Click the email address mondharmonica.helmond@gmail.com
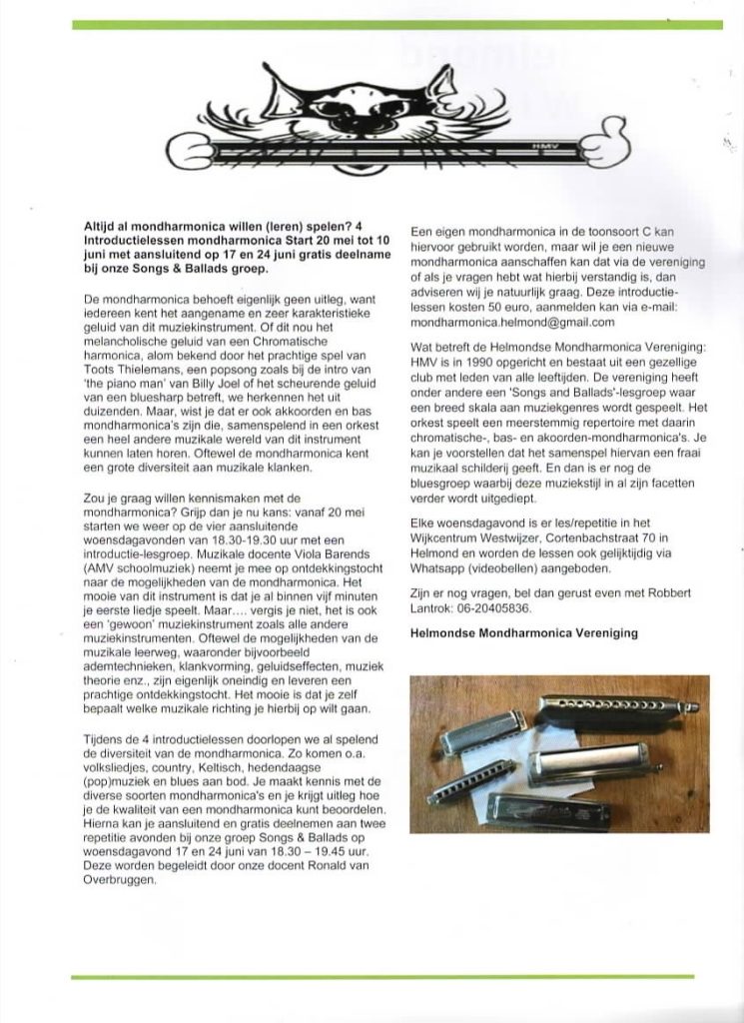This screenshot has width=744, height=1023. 512,323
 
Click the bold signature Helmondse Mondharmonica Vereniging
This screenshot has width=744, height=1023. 524,633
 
